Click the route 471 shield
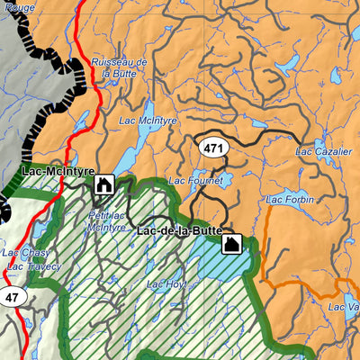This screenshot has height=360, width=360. point(214,148)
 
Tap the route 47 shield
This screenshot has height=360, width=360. point(11,297)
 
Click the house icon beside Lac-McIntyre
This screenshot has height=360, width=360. point(103,185)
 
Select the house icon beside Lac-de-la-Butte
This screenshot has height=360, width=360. point(231,244)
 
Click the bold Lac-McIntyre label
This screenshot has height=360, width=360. point(55,170)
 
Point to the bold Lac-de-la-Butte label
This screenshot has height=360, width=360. point(180,232)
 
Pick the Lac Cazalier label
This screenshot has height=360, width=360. point(323,152)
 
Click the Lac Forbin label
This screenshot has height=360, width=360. point(288,200)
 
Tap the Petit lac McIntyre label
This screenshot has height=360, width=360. point(106,221)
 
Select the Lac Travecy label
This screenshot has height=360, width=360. point(32,266)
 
